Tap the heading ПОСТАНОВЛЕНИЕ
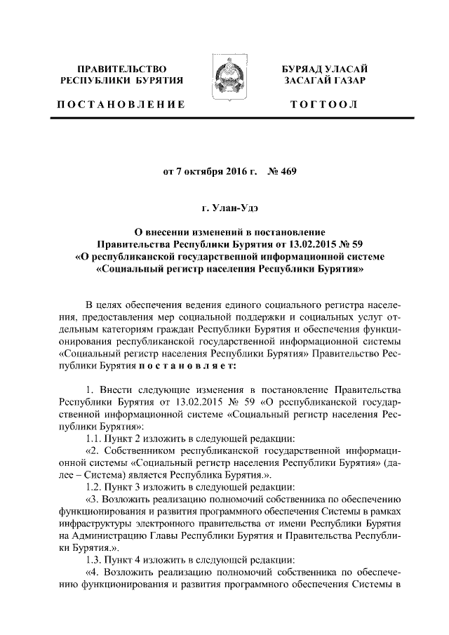(x=121, y=105)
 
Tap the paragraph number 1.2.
(x=93, y=486)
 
